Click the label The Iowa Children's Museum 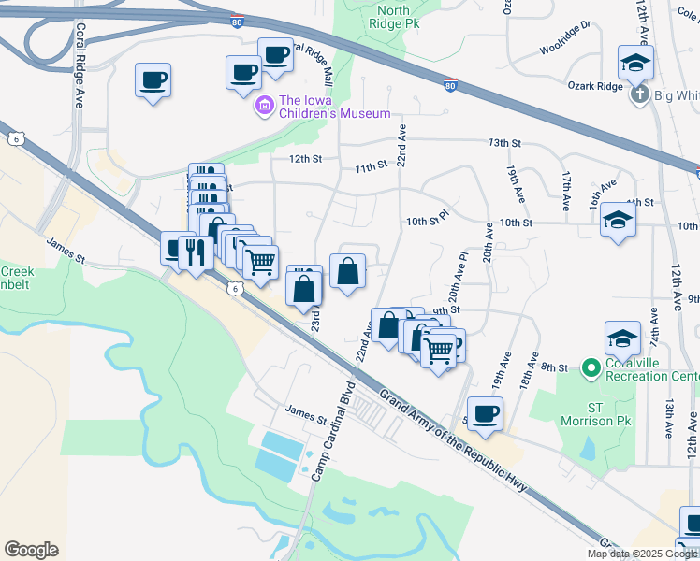coord(334,107)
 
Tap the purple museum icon coord(265,107)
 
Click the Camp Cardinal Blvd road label coord(333,431)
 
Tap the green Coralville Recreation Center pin coord(590,368)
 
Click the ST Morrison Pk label coord(601,414)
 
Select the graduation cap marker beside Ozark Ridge coord(635,64)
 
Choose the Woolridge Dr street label coord(565,38)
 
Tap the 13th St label coord(504,143)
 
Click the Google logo coord(31,550)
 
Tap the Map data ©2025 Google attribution coord(642,554)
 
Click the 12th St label coord(305,159)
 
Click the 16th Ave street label coord(603,194)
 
